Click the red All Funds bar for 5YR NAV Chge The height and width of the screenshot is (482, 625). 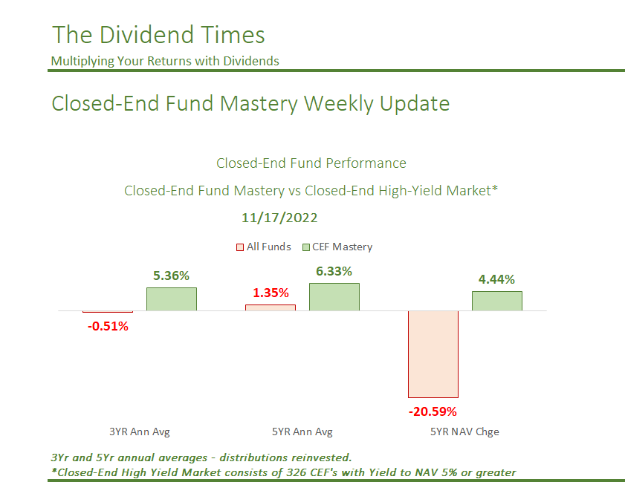tap(433, 354)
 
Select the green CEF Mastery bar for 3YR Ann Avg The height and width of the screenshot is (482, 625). tap(172, 299)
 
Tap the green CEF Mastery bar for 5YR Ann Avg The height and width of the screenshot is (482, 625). tap(334, 296)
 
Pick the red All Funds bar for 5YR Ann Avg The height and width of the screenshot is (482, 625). tap(271, 307)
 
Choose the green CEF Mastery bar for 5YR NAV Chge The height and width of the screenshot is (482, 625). tap(497, 301)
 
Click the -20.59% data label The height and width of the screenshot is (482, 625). tap(433, 411)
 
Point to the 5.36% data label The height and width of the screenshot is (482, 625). tap(172, 276)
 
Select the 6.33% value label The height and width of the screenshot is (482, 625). tap(334, 271)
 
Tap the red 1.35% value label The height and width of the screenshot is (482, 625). tap(271, 293)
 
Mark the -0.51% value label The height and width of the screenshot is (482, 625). tap(108, 325)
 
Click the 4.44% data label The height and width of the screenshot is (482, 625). tap(497, 279)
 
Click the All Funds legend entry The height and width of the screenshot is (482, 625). tap(263, 247)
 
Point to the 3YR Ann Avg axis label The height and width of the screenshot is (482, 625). tap(135, 431)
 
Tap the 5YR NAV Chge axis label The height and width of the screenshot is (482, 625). tap(465, 431)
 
